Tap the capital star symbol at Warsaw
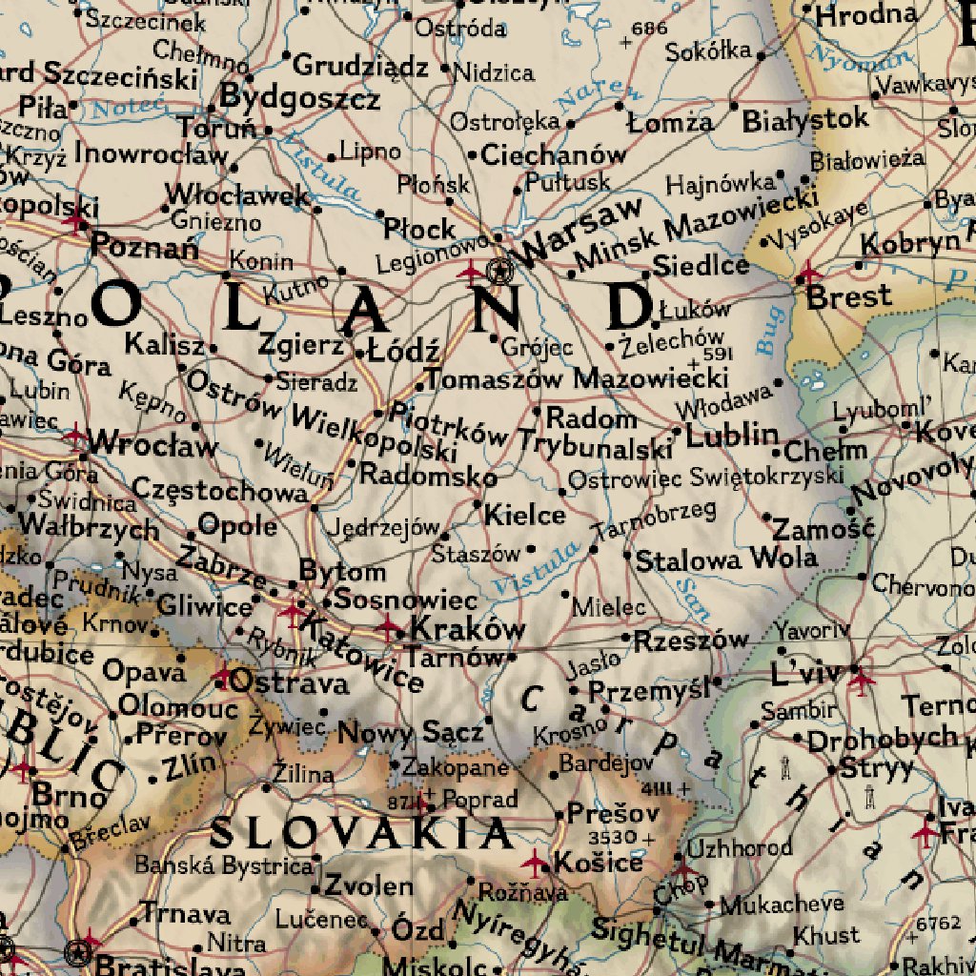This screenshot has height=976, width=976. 498,272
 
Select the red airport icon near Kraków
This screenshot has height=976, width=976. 389,627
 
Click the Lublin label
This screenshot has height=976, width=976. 732,435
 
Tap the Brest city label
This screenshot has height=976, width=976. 848,296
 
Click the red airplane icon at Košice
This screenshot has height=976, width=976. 536,864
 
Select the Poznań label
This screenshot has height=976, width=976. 145,249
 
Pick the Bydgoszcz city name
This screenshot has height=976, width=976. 300,98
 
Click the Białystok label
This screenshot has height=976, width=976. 805,120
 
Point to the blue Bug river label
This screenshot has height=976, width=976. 769,331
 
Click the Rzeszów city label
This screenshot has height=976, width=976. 692,640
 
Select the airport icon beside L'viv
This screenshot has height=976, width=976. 861,681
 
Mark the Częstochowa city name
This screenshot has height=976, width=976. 219,490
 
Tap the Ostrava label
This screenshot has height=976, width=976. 290,683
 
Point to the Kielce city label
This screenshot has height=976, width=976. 524,516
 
